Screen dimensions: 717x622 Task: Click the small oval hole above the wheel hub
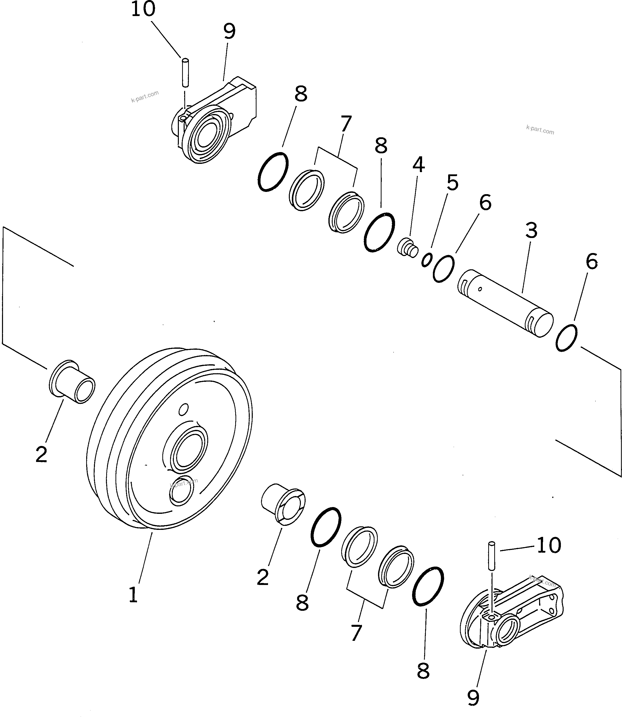coord(184,409)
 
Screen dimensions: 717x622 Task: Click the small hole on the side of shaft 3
coord(480,289)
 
